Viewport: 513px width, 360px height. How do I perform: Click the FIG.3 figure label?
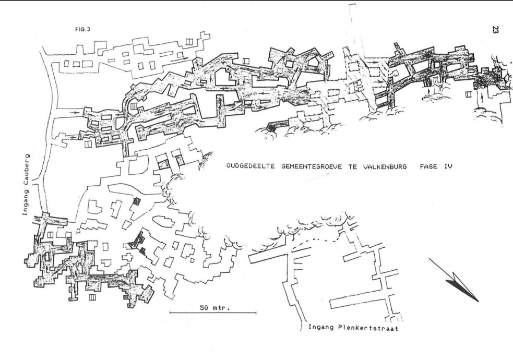82,29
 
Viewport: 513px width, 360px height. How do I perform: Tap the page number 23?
495,29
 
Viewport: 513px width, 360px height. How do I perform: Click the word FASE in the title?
428,166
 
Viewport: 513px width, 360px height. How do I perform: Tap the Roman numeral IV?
448,166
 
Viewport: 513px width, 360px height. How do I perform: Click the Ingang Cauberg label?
26,185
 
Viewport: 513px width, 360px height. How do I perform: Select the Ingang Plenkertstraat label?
353,328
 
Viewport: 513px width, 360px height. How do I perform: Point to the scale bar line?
213,313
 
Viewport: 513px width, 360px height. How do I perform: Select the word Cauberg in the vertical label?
26,170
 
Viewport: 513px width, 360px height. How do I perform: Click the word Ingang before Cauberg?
26,203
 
